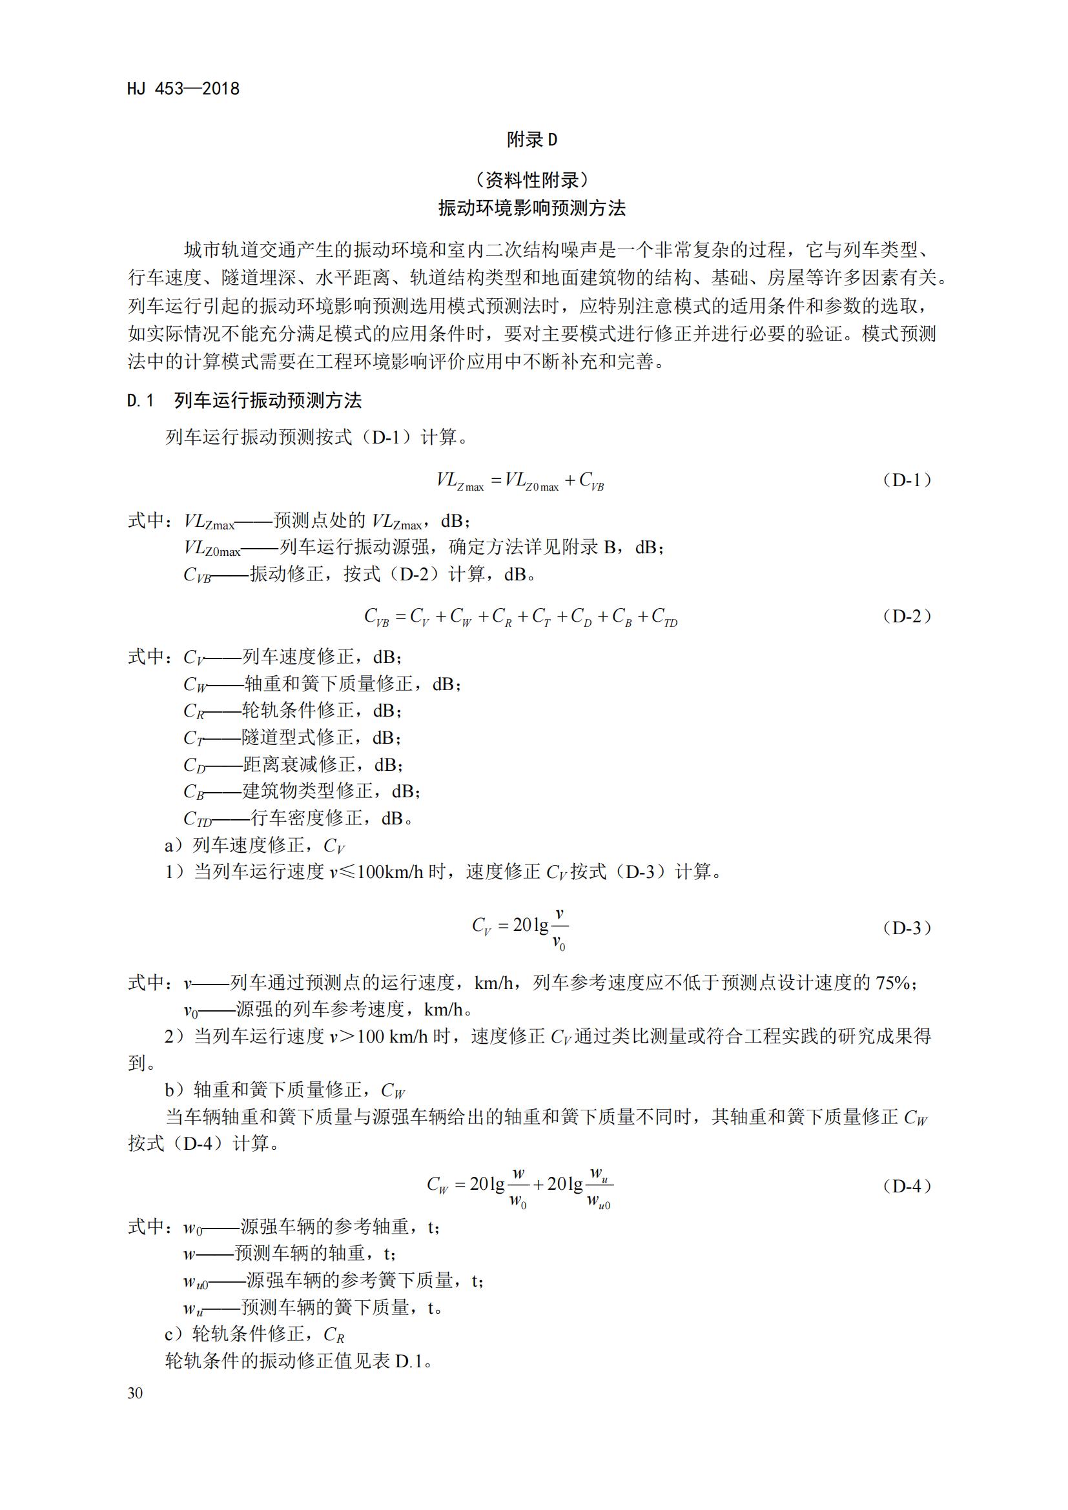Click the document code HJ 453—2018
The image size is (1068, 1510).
[183, 89]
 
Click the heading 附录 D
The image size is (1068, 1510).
[532, 139]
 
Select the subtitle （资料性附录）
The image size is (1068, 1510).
[532, 179]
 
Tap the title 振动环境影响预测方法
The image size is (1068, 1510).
[532, 209]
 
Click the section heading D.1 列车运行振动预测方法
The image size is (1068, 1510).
[245, 400]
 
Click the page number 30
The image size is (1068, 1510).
[135, 1393]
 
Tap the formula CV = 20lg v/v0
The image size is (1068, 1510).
[520, 928]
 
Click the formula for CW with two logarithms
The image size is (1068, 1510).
[520, 1186]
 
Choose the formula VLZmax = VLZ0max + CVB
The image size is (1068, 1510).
[520, 480]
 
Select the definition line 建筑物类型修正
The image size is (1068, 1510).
[302, 791]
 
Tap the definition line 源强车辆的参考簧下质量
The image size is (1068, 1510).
[334, 1280]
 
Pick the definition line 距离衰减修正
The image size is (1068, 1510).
[294, 765]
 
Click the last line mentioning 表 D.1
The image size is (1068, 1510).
[299, 1361]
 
